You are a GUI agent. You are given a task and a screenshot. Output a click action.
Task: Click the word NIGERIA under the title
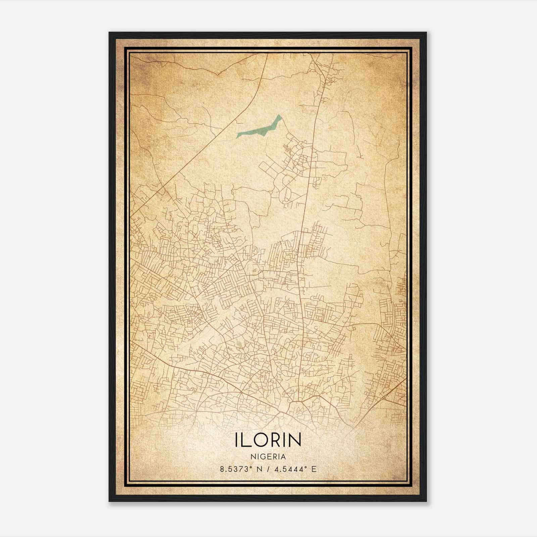click(268, 457)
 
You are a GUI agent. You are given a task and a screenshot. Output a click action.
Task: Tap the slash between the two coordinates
click(269, 469)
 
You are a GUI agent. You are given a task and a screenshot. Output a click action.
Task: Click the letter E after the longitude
click(314, 469)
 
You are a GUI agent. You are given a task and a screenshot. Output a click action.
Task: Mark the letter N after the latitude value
click(259, 469)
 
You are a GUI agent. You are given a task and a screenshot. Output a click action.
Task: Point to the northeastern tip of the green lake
click(279, 115)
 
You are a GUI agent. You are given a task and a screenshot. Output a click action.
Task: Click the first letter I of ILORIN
click(238, 440)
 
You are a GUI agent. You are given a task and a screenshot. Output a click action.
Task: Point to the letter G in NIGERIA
click(262, 457)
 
